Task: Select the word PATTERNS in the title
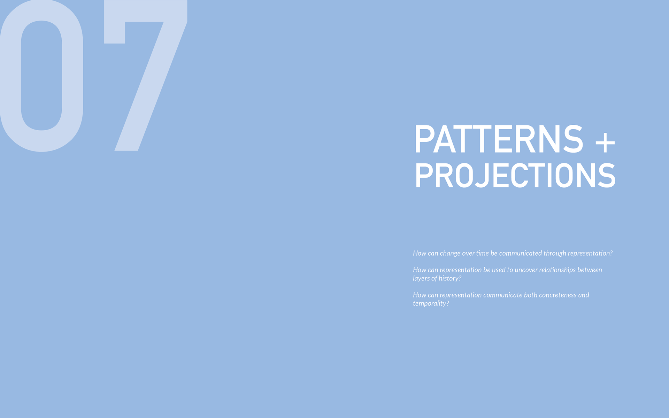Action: [499, 139]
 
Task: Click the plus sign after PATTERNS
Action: [605, 142]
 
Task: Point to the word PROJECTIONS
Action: [515, 176]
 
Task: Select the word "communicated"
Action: [520, 253]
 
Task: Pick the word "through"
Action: [555, 254]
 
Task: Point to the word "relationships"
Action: [557, 270]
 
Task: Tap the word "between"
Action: [590, 270]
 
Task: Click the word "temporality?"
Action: [431, 304]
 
